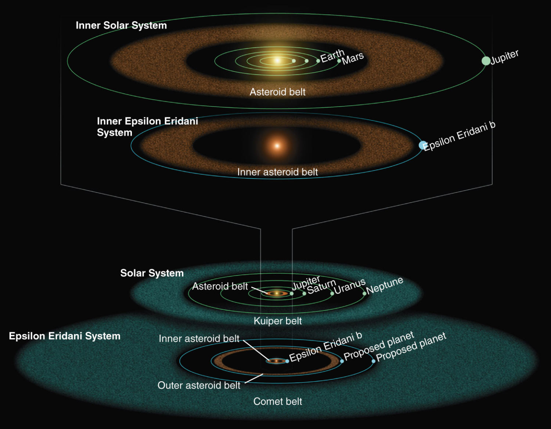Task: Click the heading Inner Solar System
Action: [x=121, y=25]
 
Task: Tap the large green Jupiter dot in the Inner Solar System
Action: [x=486, y=61]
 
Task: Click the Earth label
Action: [x=332, y=56]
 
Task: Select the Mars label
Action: [x=353, y=58]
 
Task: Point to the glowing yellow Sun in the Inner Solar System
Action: [x=277, y=61]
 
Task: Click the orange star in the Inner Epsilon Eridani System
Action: [x=277, y=146]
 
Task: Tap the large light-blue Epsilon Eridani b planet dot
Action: [x=423, y=145]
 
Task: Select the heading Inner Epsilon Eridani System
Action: [x=147, y=127]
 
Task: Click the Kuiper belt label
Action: [x=278, y=321]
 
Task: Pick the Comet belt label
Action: [x=278, y=401]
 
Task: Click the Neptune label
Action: [x=385, y=285]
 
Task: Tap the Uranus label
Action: [x=350, y=286]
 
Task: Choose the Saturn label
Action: [x=321, y=286]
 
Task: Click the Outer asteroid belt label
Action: [x=199, y=385]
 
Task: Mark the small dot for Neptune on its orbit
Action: [x=364, y=293]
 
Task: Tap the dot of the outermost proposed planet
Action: [x=374, y=361]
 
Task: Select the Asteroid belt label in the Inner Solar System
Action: [x=278, y=92]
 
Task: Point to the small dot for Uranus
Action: [x=332, y=293]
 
